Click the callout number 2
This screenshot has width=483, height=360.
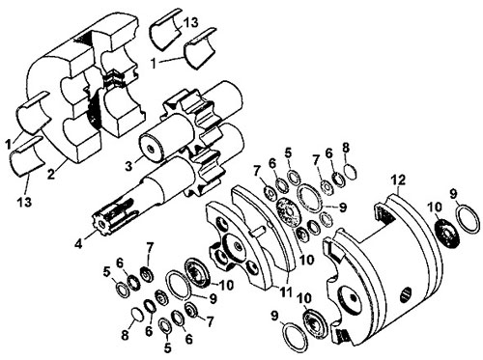tap(51, 174)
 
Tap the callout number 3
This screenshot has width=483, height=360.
tap(128, 166)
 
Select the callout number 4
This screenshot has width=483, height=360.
tap(78, 243)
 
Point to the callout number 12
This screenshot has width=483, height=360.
tap(399, 180)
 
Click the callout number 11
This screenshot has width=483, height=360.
tap(285, 291)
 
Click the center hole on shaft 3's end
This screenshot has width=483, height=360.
tap(150, 149)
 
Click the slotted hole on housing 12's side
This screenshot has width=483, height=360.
tap(407, 295)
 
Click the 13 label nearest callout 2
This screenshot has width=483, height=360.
tap(24, 202)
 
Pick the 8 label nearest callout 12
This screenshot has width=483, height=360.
tap(346, 148)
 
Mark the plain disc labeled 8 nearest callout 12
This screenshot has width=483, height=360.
tap(351, 171)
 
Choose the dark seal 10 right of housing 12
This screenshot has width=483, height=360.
tap(447, 234)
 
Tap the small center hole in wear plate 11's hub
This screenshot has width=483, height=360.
tap(238, 246)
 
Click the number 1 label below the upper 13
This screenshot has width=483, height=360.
tap(154, 64)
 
